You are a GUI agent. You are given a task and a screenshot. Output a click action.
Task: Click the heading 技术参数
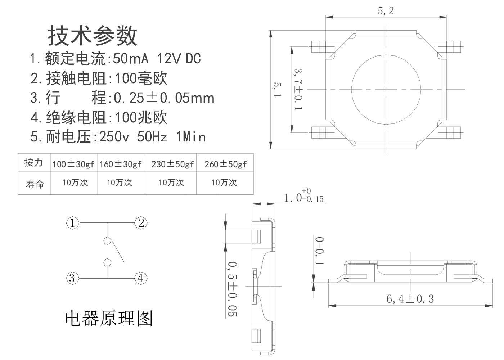[x=93, y=36]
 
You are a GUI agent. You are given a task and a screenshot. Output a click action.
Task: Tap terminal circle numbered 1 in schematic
[x=72, y=223]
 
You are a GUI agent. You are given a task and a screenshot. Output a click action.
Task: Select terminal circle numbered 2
[x=141, y=223]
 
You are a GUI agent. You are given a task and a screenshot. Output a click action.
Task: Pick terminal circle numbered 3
[x=72, y=278]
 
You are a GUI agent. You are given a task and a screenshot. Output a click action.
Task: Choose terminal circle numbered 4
[x=141, y=278]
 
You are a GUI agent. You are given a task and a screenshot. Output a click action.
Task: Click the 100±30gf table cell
[x=73, y=164]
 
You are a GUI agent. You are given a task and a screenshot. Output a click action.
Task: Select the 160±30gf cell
[x=121, y=164]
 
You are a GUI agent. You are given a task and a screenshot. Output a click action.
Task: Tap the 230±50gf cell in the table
[x=172, y=164]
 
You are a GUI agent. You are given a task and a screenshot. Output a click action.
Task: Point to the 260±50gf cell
[x=225, y=164]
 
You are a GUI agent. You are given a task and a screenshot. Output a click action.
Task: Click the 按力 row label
[x=33, y=163]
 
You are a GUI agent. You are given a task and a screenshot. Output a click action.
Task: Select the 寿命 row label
[x=35, y=184]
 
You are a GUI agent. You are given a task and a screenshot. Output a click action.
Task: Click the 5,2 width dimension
[x=386, y=11]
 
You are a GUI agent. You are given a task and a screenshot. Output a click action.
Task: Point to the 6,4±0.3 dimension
[x=410, y=299]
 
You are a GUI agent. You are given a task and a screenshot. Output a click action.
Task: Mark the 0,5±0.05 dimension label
[x=233, y=289]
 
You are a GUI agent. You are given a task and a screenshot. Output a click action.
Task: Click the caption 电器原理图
[x=109, y=319]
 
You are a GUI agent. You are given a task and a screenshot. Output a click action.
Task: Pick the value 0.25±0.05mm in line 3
[x=164, y=98]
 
